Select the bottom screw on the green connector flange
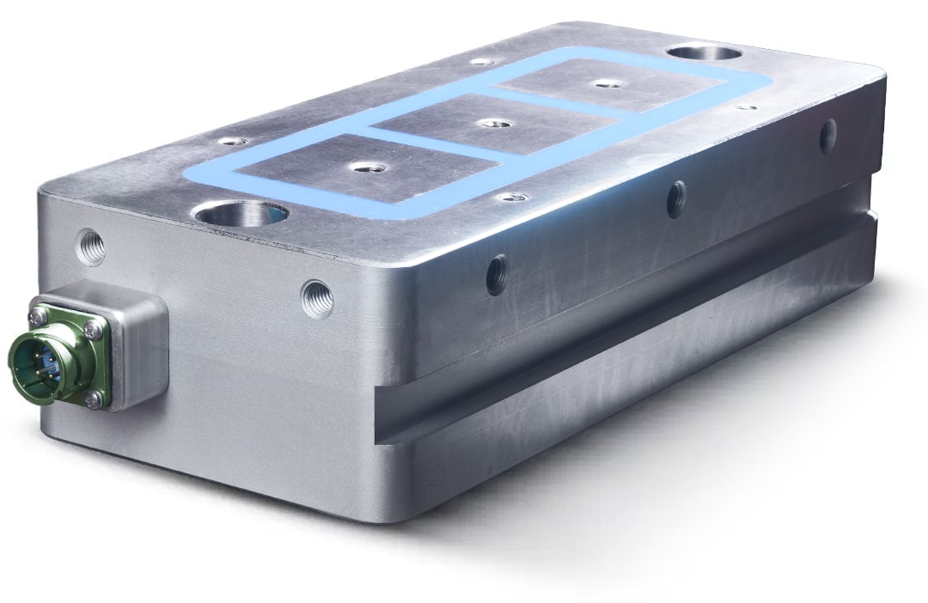[94, 398]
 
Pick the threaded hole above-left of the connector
[91, 247]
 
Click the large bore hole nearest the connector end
[241, 212]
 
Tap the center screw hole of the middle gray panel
[491, 124]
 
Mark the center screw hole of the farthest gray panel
[607, 83]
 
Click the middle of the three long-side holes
[677, 198]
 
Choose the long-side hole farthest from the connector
[827, 136]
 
